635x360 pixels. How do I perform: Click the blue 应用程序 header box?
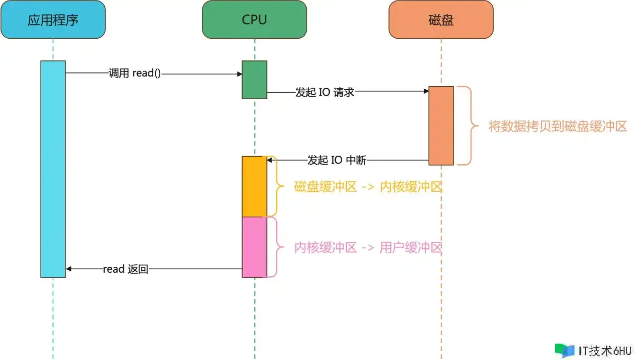click(x=53, y=19)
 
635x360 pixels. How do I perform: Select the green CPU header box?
click(x=254, y=19)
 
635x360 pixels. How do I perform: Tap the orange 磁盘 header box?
click(x=441, y=19)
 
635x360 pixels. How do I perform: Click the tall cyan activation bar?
click(x=53, y=169)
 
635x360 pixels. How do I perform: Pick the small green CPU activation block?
click(x=254, y=80)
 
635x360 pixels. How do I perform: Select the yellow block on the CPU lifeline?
click(x=254, y=186)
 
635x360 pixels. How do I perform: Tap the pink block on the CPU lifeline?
click(x=254, y=247)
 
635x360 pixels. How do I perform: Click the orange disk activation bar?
click(x=441, y=125)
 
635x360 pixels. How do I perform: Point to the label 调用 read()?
click(x=135, y=73)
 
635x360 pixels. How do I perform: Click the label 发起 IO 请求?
click(x=324, y=92)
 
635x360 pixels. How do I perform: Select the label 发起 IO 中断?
click(x=337, y=160)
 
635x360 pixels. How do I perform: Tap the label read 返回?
click(x=126, y=269)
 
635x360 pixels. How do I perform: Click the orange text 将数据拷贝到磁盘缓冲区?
click(x=558, y=126)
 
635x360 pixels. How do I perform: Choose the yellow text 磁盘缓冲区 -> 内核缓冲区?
click(x=368, y=187)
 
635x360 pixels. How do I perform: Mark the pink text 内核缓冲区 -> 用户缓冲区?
click(x=368, y=247)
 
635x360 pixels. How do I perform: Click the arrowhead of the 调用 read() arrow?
click(x=240, y=74)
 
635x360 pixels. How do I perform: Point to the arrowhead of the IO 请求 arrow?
click(x=426, y=91)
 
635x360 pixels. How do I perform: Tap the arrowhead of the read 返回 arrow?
click(x=68, y=269)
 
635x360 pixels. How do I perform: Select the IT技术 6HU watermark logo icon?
click(x=565, y=351)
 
